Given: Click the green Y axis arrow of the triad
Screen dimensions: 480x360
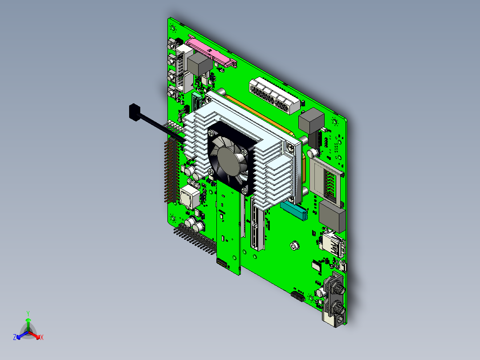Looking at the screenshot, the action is click(x=28, y=320).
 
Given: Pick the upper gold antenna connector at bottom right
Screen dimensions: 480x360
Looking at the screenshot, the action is click(x=338, y=288).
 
